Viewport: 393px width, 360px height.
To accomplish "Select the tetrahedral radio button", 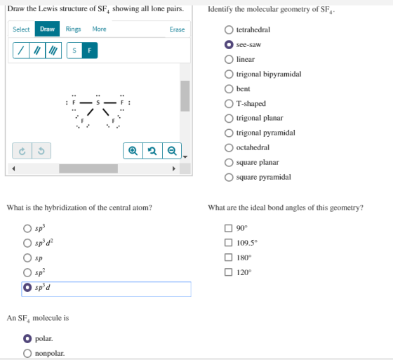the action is pos(229,29).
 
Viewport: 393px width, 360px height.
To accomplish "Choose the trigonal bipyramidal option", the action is pos(229,74).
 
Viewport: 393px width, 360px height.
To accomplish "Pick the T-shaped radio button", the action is pos(229,104).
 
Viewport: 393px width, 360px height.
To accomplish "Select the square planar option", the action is pos(229,162).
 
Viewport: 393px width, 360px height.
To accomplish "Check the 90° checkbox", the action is pos(228,228).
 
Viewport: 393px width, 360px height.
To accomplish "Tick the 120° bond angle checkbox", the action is pos(228,272).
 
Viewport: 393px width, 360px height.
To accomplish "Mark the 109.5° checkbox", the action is pos(228,243).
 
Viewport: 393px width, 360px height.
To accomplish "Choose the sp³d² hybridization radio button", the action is pos(27,243).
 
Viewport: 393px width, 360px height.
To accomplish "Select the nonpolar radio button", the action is pos(27,353).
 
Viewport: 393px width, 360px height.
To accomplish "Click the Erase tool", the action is pos(177,29).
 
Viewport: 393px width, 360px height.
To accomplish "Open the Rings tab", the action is pos(73,29).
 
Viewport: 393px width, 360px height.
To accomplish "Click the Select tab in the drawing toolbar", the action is pos(21,29).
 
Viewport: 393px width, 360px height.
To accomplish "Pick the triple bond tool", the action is pos(53,51).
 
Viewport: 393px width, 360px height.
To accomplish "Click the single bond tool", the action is pos(21,51).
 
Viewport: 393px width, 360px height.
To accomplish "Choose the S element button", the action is pos(74,51).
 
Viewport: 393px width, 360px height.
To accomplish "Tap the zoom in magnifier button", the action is pos(133,151).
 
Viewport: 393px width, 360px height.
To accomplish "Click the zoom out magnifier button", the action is pos(172,151).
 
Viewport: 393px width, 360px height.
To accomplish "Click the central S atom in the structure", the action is pos(98,102).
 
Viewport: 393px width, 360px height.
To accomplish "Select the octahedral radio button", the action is pos(229,147).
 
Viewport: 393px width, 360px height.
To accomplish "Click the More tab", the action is pos(99,29).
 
